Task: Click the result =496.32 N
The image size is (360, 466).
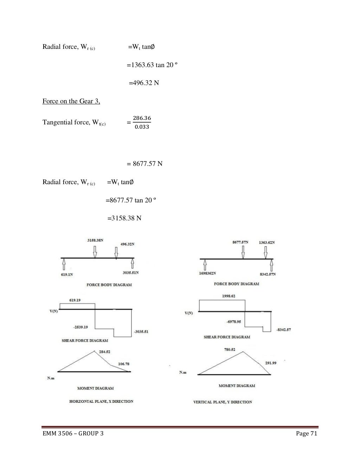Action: click(143, 83)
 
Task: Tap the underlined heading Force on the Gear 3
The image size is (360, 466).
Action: click(71, 101)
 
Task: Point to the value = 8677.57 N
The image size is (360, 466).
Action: click(144, 164)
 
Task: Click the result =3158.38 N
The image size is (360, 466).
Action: click(124, 218)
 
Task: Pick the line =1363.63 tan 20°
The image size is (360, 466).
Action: click(152, 65)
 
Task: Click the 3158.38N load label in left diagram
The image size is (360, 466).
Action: click(95, 240)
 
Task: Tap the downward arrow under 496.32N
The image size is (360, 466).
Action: click(116, 252)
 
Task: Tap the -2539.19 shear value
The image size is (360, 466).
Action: click(81, 327)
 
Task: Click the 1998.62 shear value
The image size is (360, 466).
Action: click(229, 296)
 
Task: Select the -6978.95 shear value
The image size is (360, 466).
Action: click(233, 322)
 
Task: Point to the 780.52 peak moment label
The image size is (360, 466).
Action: click(230, 350)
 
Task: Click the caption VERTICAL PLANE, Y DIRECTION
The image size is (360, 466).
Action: click(223, 402)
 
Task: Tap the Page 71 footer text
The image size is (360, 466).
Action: click(307, 434)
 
